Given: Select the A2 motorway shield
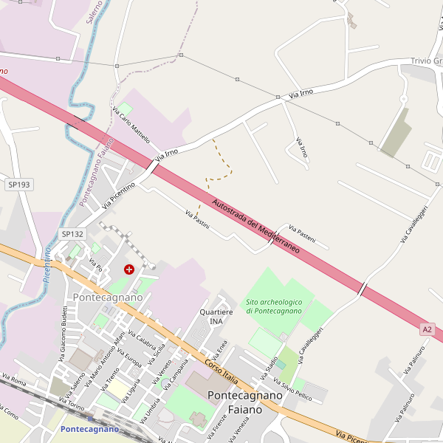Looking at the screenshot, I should (427, 328).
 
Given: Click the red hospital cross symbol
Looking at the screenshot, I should (130, 269).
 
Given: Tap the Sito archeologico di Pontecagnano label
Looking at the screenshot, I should (274, 306).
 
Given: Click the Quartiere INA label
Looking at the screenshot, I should (216, 317).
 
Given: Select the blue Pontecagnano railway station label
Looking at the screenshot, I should (89, 429).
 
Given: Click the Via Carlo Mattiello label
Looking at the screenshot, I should (131, 125).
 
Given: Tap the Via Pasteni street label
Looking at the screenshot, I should (302, 234).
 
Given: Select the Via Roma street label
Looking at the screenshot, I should (13, 382).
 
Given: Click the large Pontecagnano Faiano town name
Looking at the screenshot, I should (244, 402).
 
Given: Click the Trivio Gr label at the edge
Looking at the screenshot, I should (426, 61).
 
